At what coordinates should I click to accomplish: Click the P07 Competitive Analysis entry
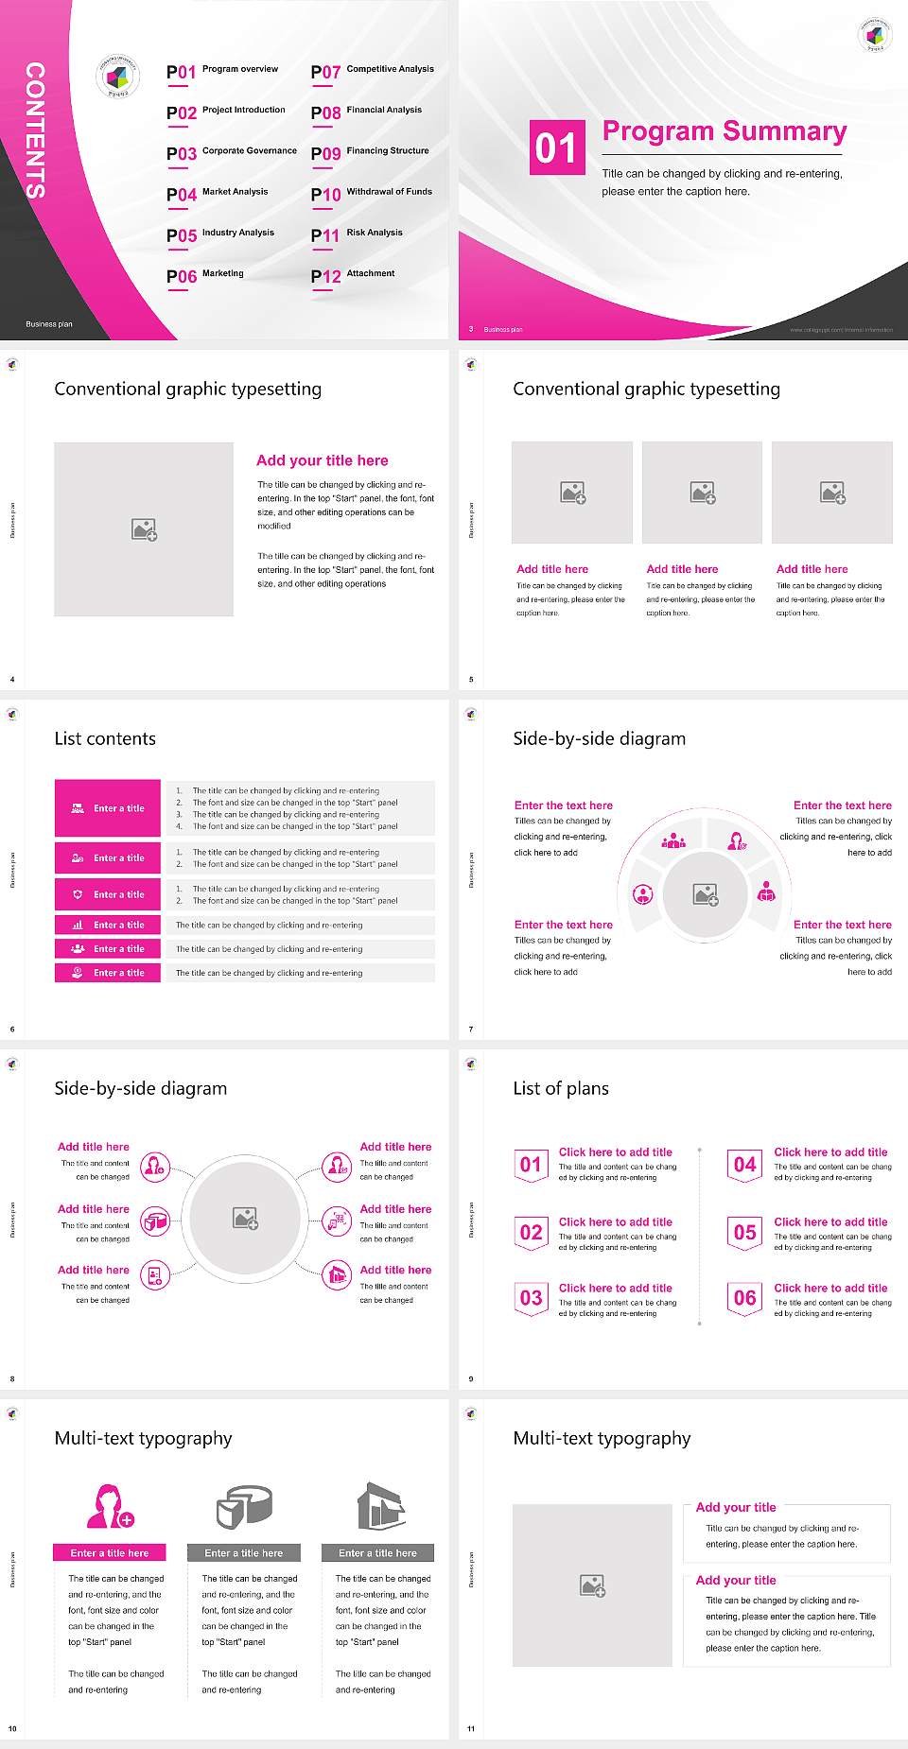372,71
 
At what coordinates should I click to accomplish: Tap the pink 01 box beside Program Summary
556,147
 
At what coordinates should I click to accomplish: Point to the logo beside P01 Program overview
118,77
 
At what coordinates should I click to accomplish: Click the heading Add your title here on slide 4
322,460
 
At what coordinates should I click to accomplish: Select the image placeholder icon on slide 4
144,529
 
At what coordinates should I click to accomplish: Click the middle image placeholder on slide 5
702,493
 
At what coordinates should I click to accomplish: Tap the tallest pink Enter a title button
107,808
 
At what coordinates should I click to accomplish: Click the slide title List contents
105,738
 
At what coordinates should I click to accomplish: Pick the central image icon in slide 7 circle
706,894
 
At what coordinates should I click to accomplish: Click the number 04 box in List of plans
745,1165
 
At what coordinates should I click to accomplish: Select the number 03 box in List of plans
531,1298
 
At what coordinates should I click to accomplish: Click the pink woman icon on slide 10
110,1506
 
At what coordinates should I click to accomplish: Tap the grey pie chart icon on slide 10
244,1506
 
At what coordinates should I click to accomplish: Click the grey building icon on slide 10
380,1506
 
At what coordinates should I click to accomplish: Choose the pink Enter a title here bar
110,1552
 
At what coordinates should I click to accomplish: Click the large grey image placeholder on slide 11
592,1585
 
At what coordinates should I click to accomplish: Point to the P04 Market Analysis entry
218,194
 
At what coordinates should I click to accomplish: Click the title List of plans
561,1088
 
